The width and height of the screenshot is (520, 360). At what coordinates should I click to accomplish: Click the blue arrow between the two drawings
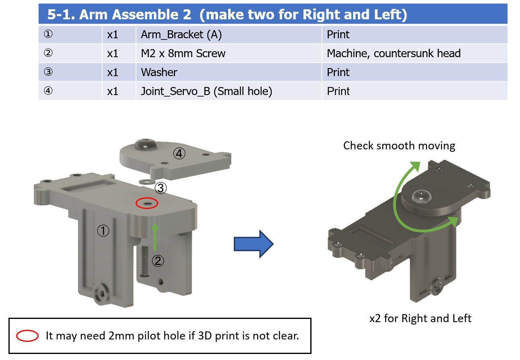click(x=254, y=244)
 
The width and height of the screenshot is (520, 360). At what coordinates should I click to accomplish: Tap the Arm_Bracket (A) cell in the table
click(x=229, y=35)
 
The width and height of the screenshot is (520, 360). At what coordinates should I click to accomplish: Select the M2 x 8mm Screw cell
click(x=229, y=54)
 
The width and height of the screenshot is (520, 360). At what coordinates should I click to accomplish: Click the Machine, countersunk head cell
click(x=415, y=54)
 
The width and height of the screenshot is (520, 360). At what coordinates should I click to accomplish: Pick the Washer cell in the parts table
click(x=229, y=72)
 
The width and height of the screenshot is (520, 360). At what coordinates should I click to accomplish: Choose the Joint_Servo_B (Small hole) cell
click(x=229, y=91)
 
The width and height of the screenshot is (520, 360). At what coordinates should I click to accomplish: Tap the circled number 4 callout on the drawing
click(x=179, y=153)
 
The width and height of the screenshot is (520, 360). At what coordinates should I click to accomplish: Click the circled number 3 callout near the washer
click(x=161, y=188)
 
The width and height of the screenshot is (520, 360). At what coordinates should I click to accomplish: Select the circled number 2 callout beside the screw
click(x=158, y=261)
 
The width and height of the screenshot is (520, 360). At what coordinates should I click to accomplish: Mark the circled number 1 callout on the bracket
click(x=103, y=231)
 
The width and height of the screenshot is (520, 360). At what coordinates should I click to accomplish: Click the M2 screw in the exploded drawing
click(x=144, y=261)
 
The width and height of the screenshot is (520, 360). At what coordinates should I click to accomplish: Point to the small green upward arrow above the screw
click(x=155, y=237)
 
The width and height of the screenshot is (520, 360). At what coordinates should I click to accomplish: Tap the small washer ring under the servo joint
click(x=146, y=182)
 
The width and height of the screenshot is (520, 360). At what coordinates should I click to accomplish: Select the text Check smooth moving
click(x=399, y=146)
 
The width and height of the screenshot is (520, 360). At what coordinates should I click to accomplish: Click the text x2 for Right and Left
click(x=420, y=319)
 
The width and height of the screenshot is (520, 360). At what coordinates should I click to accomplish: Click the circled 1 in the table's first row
click(x=48, y=34)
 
